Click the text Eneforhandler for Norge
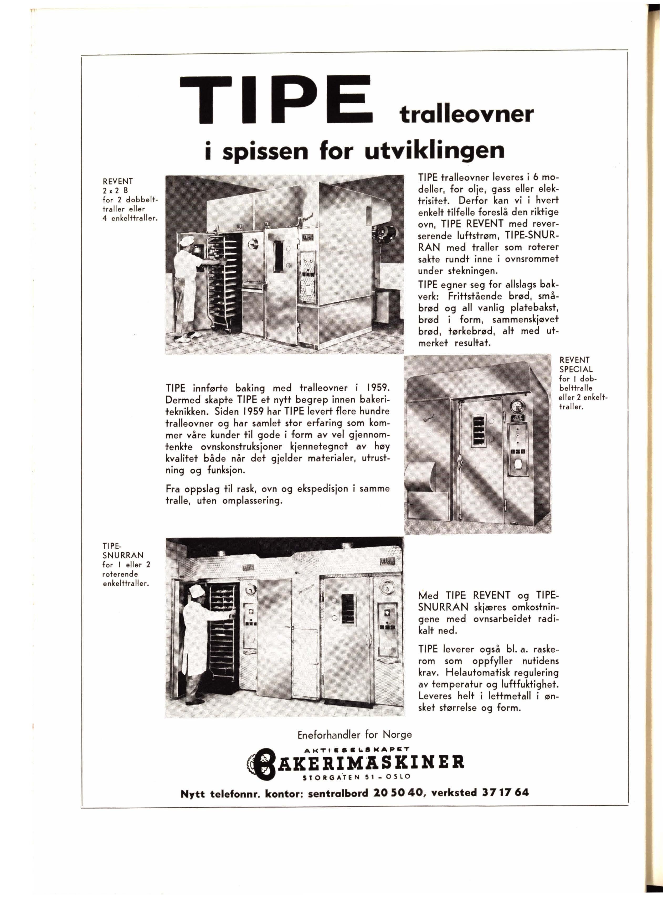355,735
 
